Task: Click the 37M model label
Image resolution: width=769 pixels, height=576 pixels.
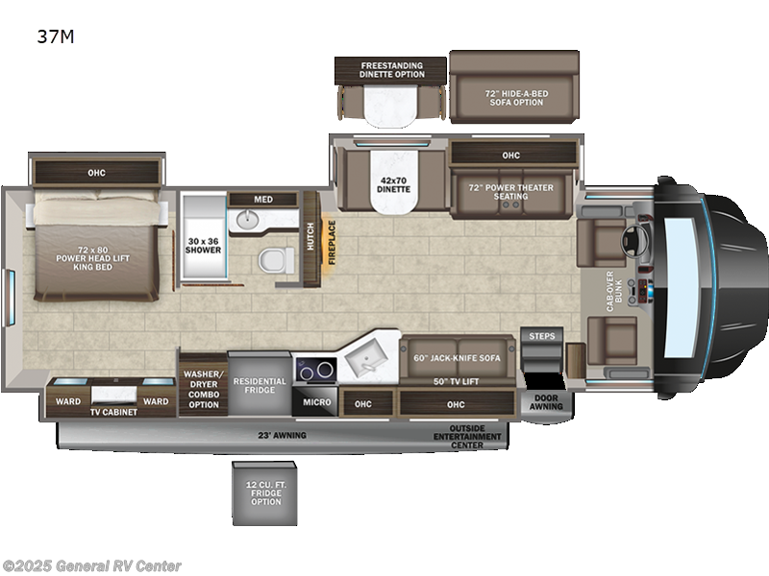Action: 56,37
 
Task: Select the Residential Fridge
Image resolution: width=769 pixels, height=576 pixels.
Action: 260,385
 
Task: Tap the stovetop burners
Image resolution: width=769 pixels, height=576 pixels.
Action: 315,369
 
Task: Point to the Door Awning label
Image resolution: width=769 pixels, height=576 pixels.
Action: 543,402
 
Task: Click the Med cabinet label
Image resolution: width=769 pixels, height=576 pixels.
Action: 262,200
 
